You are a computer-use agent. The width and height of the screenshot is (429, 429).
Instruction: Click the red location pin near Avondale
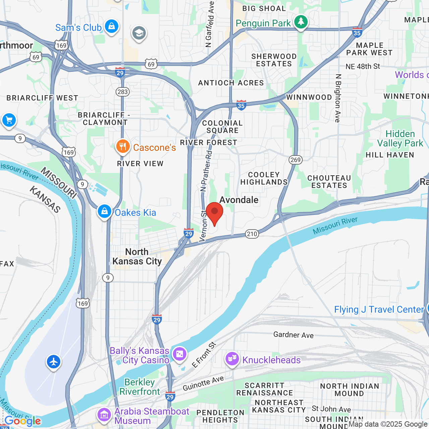[x=214, y=213]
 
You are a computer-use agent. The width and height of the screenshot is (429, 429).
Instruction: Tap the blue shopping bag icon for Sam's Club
[x=111, y=26]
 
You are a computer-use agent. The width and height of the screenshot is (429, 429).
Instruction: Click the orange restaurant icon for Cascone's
[x=123, y=146]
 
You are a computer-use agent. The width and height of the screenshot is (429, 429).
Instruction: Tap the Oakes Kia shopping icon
[x=105, y=211]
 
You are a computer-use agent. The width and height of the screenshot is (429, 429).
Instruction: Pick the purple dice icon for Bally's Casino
[x=179, y=354]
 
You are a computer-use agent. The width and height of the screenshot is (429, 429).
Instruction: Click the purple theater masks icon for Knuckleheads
[x=232, y=359]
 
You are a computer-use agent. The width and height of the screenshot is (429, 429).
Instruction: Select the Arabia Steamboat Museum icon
[x=104, y=415]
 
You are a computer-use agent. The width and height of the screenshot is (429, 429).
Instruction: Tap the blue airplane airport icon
[x=54, y=362]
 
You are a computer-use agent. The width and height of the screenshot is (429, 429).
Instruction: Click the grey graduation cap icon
[x=138, y=33]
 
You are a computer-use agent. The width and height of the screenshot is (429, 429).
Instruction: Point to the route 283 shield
[x=123, y=92]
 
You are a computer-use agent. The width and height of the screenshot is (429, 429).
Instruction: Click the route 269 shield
[x=295, y=160]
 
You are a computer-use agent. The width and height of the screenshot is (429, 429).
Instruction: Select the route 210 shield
[x=252, y=234]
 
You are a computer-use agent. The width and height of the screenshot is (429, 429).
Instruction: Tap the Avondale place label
[x=239, y=200]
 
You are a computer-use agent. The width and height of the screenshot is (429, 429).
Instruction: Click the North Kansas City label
[x=137, y=256]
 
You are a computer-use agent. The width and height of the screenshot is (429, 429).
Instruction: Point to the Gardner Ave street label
[x=293, y=335]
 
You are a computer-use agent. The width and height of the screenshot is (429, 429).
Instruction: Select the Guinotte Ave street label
[x=203, y=383]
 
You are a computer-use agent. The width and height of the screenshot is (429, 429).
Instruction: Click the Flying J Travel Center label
[x=379, y=309]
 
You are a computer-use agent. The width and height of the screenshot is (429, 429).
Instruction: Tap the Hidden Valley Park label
[x=400, y=138]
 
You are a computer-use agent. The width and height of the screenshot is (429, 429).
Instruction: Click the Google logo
[x=22, y=421]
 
